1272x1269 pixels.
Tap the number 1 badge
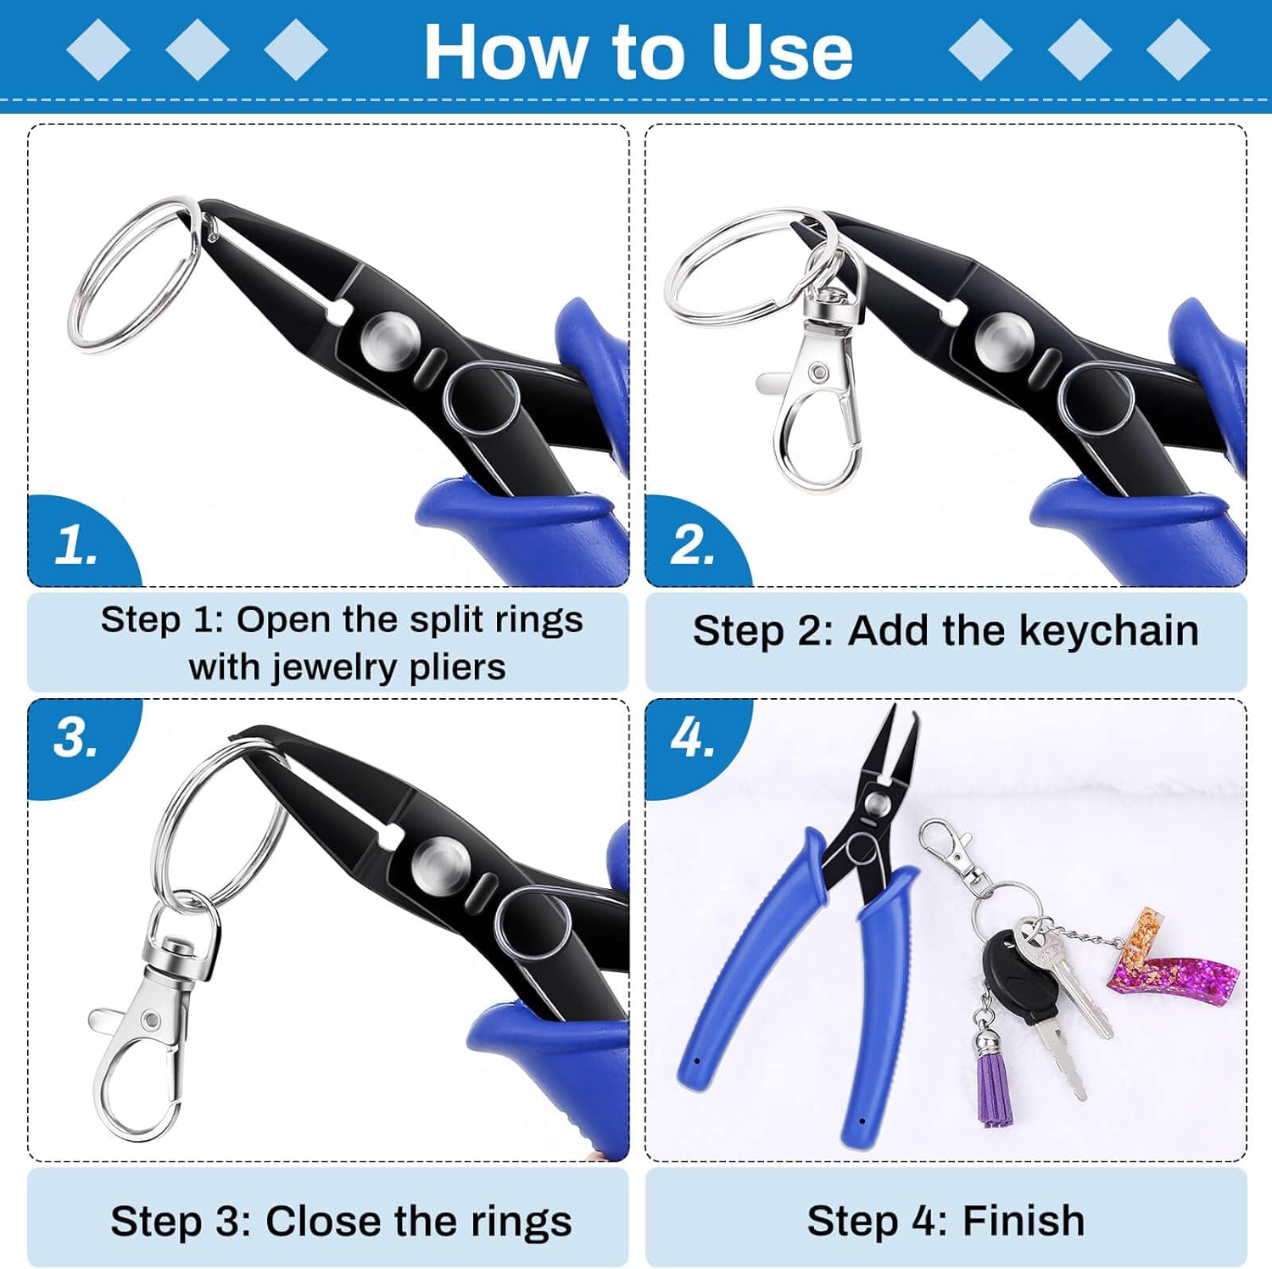[x=75, y=545]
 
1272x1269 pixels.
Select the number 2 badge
[x=692, y=545]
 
